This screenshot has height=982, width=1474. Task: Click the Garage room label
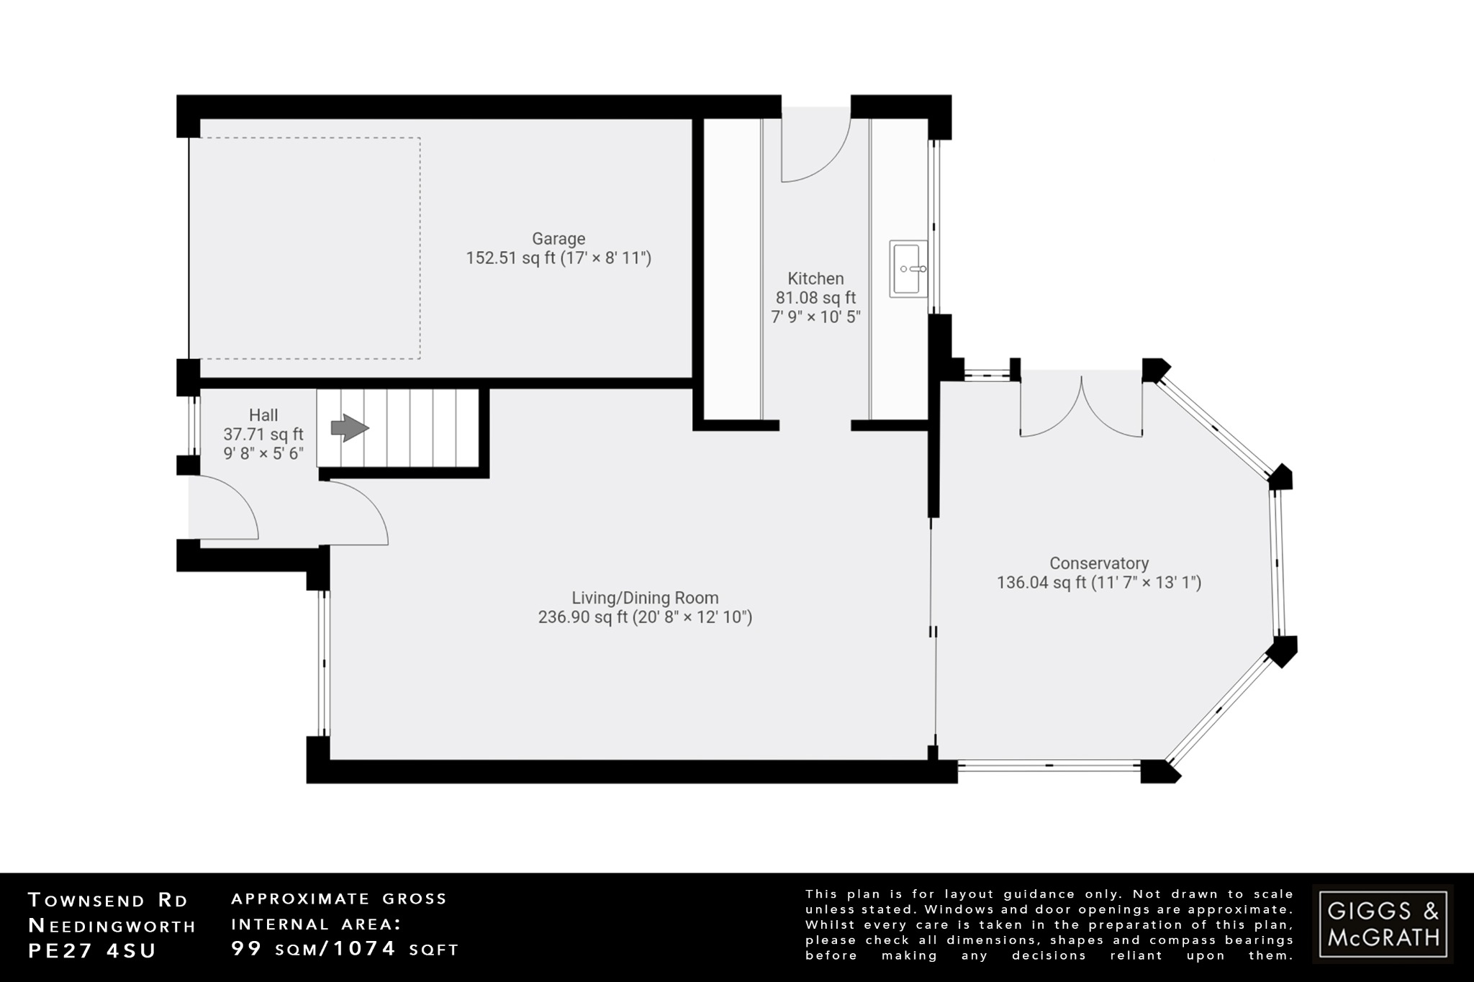tap(559, 239)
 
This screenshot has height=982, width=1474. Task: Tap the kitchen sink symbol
tap(908, 269)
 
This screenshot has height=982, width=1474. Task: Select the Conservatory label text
tap(1098, 563)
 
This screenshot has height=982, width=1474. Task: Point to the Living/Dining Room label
tap(645, 598)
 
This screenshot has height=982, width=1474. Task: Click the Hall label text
tap(263, 415)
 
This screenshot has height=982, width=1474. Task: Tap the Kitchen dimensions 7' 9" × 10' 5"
tap(815, 317)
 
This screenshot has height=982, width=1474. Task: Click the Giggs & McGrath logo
tap(1383, 924)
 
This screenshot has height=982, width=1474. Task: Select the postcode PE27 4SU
tap(92, 950)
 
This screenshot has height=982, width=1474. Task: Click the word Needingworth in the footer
tap(112, 926)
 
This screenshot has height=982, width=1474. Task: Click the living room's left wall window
tap(324, 663)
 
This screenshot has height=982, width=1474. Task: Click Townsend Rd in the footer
tap(108, 900)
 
